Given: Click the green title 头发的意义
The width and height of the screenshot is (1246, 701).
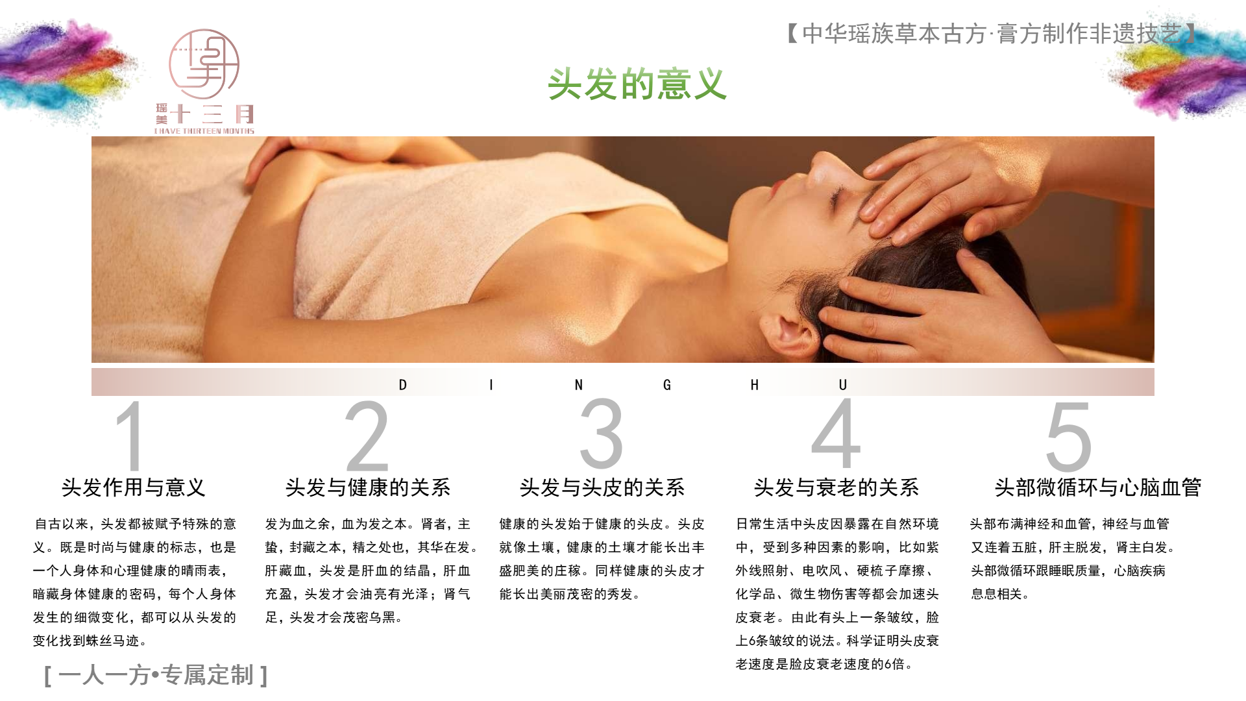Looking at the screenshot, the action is (637, 84).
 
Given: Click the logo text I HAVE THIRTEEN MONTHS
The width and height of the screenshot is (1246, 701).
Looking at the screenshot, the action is (204, 131).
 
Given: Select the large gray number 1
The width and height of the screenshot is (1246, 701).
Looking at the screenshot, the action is (131, 436).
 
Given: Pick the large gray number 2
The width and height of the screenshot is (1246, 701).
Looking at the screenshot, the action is (367, 436).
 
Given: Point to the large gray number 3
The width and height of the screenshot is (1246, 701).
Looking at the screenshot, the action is (602, 434).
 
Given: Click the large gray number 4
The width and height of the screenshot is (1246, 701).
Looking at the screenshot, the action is (836, 433).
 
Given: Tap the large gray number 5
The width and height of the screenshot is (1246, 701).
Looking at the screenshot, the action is (1069, 436).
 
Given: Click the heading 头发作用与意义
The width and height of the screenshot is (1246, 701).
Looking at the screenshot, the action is (134, 487).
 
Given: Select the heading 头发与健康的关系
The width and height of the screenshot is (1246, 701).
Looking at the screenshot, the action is (368, 487).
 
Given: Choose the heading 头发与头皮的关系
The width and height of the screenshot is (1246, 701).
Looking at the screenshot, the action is (602, 487).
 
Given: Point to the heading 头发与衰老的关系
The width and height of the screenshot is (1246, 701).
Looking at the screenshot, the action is (837, 487).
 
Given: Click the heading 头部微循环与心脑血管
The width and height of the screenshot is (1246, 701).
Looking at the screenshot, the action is (1098, 487).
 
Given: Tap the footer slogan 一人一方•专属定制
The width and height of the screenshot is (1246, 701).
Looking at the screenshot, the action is (156, 675).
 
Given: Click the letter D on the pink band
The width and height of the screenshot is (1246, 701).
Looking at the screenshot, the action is (403, 385).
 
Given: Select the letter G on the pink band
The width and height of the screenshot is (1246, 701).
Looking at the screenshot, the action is (667, 385).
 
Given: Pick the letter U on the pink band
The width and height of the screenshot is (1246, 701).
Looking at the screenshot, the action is (843, 385).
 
